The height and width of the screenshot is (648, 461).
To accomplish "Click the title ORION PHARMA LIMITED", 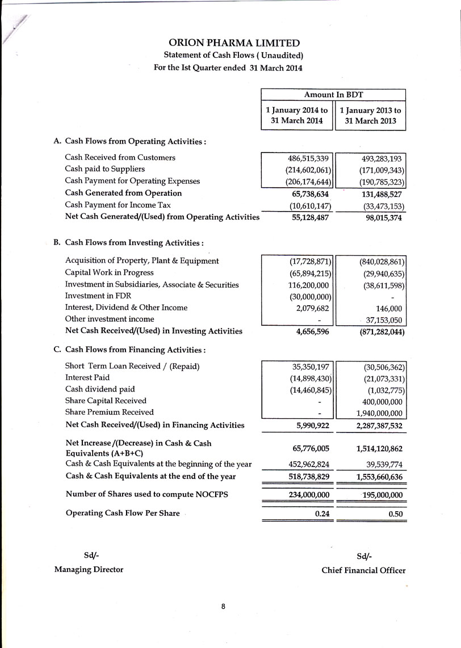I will click(234, 43).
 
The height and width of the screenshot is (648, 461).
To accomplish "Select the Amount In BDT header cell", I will click(333, 95).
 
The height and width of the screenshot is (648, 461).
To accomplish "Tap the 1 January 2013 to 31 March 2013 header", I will click(370, 116).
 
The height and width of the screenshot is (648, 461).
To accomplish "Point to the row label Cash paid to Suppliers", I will click(105, 169).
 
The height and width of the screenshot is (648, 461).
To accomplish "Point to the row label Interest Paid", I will click(87, 377).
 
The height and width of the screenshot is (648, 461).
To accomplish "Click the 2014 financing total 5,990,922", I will click(310, 425).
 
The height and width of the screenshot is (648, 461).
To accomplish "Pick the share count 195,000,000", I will click(376, 495).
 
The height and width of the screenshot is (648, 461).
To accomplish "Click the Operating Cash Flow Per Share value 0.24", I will click(321, 514).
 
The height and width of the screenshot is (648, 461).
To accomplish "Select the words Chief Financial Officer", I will click(363, 570).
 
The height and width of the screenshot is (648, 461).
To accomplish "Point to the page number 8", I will click(224, 607).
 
